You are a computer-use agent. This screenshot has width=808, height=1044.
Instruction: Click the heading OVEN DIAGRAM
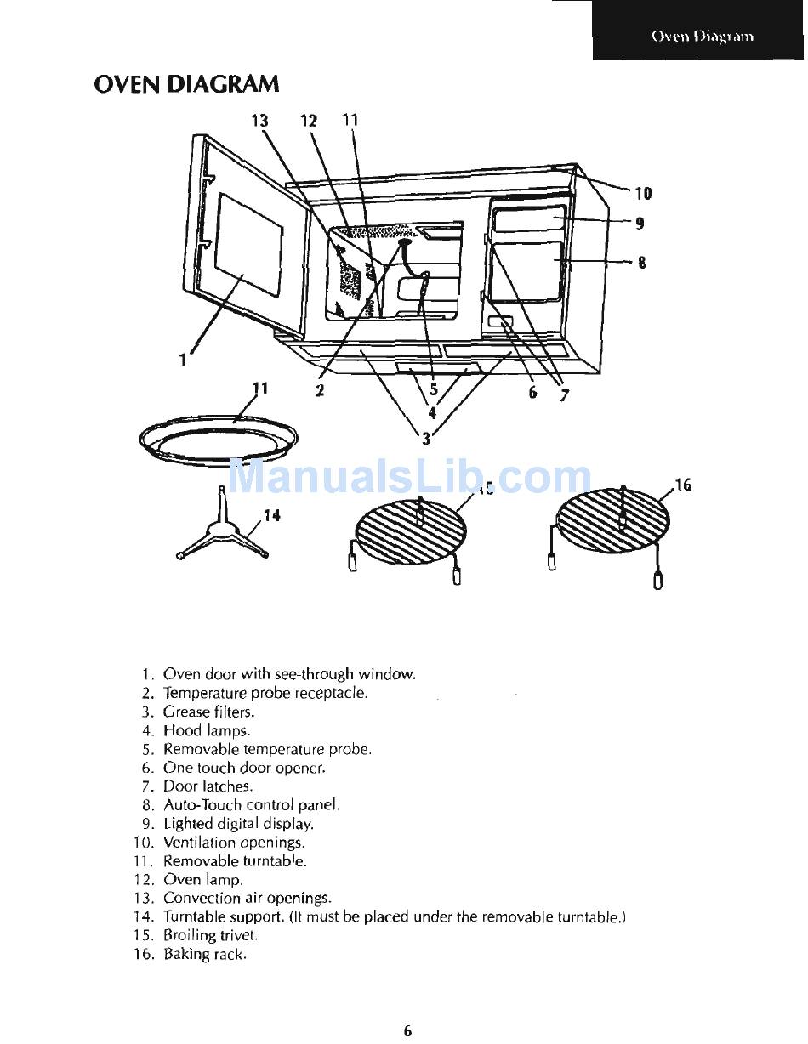click(x=186, y=84)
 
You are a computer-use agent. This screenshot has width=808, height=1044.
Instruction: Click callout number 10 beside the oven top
click(x=643, y=194)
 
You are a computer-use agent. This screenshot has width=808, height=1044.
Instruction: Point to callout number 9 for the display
click(x=640, y=223)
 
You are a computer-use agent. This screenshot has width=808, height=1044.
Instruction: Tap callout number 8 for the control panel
click(x=641, y=263)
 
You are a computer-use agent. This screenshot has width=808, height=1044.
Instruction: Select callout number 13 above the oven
click(x=259, y=120)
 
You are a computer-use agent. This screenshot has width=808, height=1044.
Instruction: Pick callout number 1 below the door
click(x=182, y=360)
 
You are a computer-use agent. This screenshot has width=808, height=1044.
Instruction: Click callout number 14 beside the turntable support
click(x=271, y=515)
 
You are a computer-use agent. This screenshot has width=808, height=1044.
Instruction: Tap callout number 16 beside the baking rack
click(x=683, y=485)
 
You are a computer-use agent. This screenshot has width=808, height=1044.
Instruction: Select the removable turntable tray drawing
click(x=219, y=439)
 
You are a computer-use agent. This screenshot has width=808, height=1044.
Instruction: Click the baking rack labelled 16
click(x=611, y=534)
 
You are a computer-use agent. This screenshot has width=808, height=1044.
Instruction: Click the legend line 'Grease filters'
click(x=198, y=712)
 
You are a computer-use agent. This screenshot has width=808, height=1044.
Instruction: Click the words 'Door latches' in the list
click(x=208, y=786)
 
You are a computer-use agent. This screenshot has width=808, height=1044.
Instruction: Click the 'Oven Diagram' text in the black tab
click(x=703, y=37)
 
